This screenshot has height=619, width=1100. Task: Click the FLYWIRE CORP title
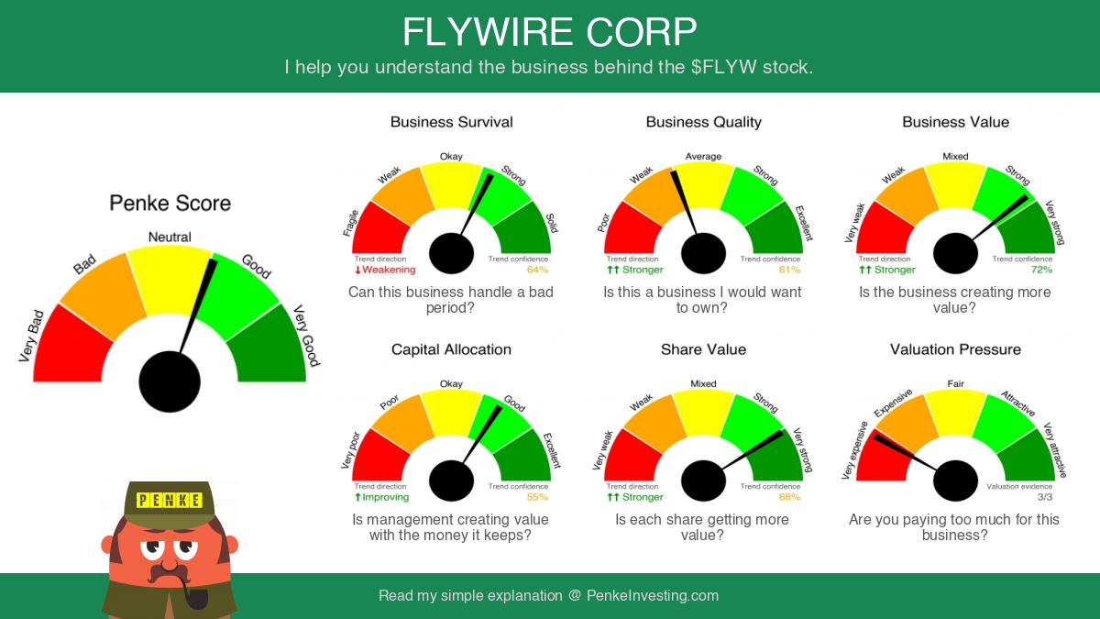(x=549, y=32)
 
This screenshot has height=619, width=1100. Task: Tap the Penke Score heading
(x=170, y=203)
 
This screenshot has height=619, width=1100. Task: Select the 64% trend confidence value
(x=537, y=270)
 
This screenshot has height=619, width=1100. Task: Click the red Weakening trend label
(x=385, y=270)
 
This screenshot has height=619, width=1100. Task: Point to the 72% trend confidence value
(x=1041, y=270)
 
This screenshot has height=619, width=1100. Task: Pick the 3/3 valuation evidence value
(x=1045, y=497)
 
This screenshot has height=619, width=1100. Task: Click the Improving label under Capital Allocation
(x=382, y=497)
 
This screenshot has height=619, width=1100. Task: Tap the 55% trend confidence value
(x=537, y=497)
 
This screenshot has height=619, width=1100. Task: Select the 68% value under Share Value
(x=789, y=497)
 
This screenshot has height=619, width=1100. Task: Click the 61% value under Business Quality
(x=789, y=270)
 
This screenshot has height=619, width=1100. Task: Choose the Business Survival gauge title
(x=451, y=122)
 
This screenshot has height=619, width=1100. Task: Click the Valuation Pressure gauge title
(x=955, y=349)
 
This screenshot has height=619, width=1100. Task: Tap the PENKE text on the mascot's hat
(x=170, y=500)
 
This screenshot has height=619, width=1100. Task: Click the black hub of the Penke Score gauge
(x=170, y=381)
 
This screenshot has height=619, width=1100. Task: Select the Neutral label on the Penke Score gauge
(x=170, y=238)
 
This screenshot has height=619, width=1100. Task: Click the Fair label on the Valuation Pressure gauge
(x=955, y=383)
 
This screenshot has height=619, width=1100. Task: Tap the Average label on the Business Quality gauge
(x=703, y=157)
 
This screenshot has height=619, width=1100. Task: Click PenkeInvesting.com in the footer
(x=653, y=596)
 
